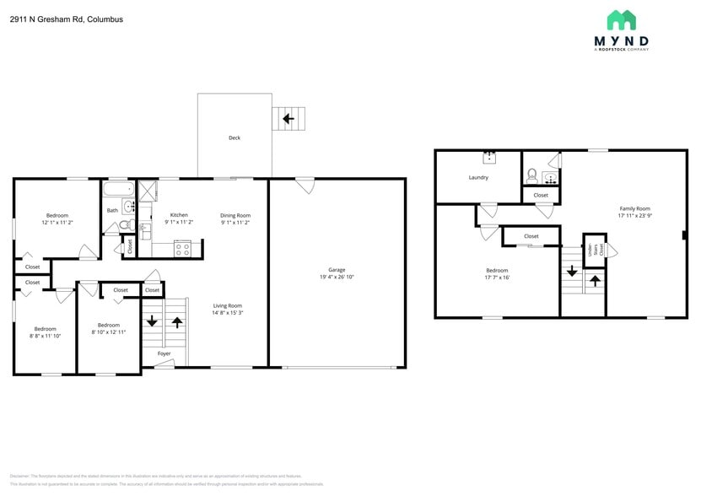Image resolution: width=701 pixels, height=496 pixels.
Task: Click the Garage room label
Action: click(x=337, y=270)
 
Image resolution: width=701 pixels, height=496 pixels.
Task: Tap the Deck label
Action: click(x=235, y=137)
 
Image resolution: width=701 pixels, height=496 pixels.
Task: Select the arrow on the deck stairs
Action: click(x=288, y=119)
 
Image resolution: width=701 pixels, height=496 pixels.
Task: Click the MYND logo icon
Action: click(x=622, y=20)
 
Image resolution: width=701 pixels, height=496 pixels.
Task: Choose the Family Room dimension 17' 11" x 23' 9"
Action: click(x=634, y=216)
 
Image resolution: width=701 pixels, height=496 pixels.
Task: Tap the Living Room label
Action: click(x=228, y=305)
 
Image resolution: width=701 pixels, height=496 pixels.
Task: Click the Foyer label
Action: click(x=164, y=353)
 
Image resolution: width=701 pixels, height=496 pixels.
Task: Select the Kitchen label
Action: click(x=179, y=214)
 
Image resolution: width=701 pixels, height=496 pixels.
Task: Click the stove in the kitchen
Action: click(x=182, y=248)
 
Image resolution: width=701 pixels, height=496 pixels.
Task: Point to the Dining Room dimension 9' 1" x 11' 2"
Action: click(x=235, y=222)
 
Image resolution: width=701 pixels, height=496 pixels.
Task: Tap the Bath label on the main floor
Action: click(x=112, y=210)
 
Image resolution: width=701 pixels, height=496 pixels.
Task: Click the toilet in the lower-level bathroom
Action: click(x=531, y=176)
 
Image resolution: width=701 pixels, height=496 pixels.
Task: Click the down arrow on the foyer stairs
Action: click(x=152, y=321)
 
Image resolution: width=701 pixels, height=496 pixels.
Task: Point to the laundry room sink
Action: click(x=489, y=157)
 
